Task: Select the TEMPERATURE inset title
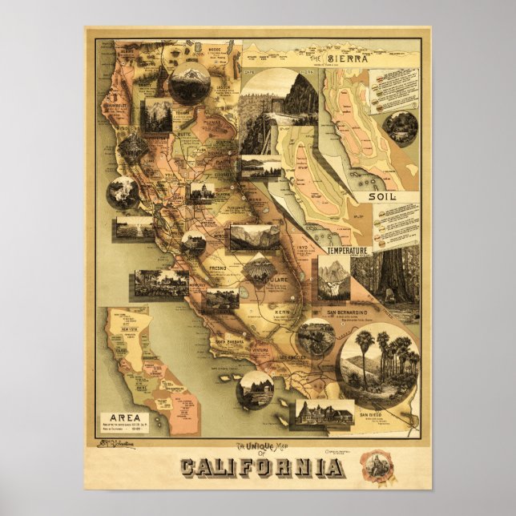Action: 347,251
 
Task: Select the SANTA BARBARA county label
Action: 233,341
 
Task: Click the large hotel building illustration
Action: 325,413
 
